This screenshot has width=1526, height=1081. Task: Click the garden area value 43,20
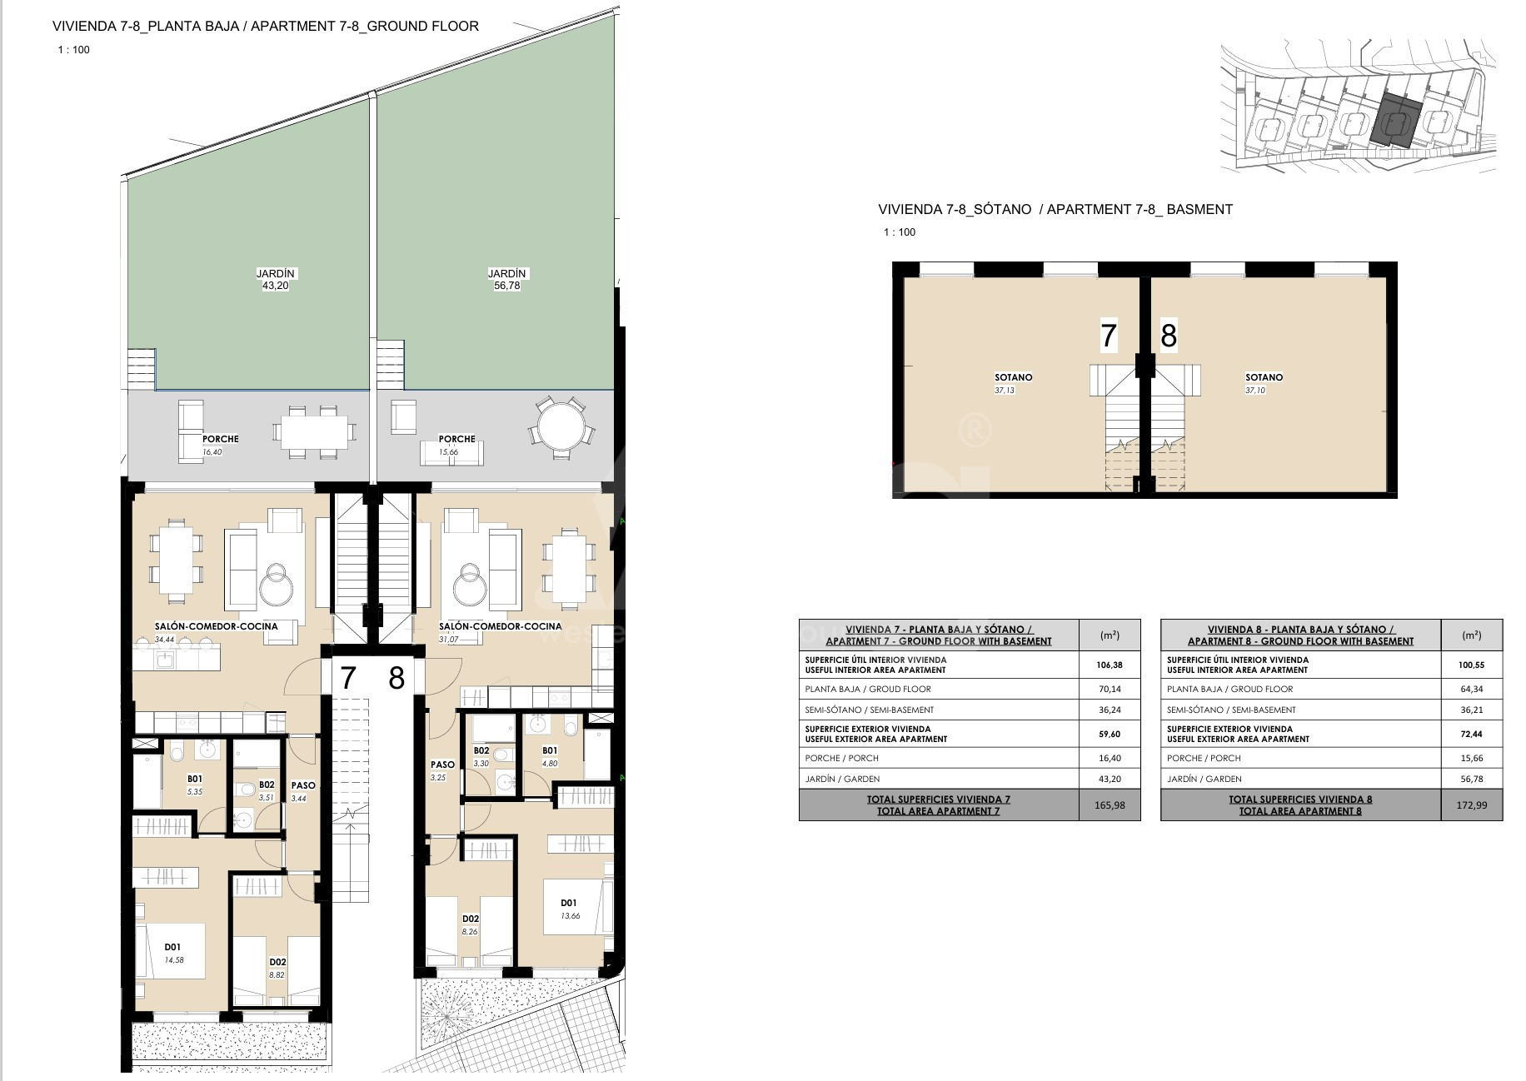(276, 286)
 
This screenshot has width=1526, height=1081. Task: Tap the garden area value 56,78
(506, 286)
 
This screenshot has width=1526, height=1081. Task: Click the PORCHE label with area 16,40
(221, 439)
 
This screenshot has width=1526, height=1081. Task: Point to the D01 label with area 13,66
(569, 903)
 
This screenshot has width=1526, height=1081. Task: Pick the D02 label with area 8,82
(277, 962)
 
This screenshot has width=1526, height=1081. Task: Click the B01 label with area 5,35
(195, 780)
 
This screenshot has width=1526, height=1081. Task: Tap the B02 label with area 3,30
(481, 750)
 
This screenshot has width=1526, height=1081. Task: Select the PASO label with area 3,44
(303, 785)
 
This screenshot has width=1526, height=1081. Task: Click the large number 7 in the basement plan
(1108, 336)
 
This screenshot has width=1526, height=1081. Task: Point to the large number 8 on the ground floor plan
(396, 678)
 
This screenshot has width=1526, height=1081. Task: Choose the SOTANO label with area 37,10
(1264, 377)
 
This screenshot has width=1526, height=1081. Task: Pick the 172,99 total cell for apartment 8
(1471, 805)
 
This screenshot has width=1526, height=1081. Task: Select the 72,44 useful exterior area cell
(1471, 734)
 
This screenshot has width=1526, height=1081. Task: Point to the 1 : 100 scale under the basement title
(900, 232)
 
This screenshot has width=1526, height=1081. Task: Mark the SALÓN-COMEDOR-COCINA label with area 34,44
(217, 626)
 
